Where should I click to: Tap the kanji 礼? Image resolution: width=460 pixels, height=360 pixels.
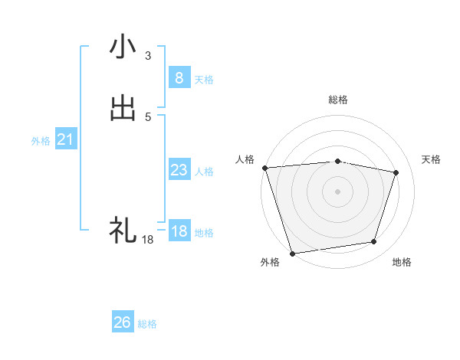click(123, 229)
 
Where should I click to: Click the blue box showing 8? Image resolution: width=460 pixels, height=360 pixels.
click(179, 77)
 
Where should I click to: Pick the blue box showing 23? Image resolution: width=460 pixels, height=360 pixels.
click(179, 170)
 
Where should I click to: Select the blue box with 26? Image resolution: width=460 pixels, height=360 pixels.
click(123, 322)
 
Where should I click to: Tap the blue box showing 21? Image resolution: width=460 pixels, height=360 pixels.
click(65, 139)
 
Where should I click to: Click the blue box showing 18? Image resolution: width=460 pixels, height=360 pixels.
click(179, 231)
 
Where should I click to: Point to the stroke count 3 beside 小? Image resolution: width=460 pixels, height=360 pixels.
click(148, 56)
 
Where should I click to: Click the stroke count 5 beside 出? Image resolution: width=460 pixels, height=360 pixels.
click(148, 117)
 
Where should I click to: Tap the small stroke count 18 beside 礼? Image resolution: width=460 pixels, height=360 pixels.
click(148, 240)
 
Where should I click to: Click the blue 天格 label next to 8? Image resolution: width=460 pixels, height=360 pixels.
click(204, 80)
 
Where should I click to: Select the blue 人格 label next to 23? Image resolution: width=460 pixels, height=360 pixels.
click(204, 172)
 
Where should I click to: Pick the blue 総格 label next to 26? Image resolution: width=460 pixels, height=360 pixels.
click(147, 325)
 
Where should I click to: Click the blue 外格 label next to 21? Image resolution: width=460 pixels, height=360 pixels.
click(41, 141)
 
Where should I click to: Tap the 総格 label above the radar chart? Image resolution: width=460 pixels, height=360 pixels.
click(337, 100)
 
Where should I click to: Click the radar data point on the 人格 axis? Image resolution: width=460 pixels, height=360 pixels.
click(264, 168)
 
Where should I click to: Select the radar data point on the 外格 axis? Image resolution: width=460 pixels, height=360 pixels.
click(292, 252)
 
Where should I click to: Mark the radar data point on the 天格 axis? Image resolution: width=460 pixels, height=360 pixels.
click(396, 172)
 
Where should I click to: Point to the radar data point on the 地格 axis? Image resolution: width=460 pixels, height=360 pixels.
click(373, 242)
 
